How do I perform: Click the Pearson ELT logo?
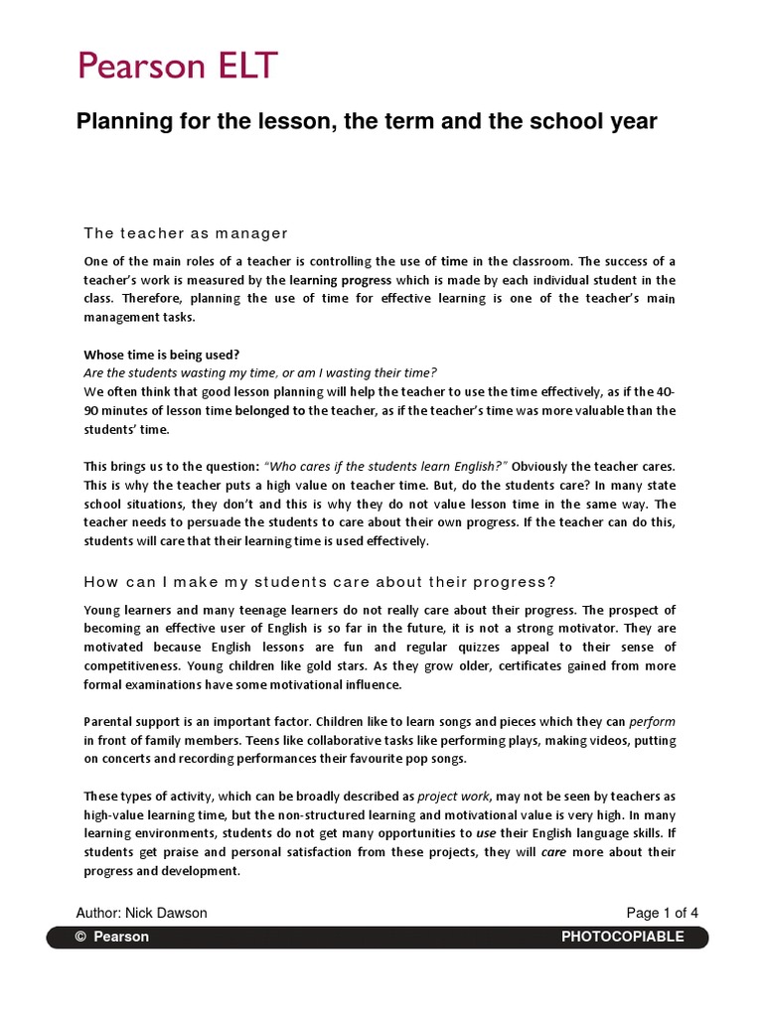pyautogui.click(x=179, y=68)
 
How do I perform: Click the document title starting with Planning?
pyautogui.click(x=367, y=121)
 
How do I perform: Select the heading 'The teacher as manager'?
pyautogui.click(x=186, y=233)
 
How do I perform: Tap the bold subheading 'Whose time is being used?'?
pyautogui.click(x=161, y=355)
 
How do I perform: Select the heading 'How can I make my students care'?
pyautogui.click(x=320, y=582)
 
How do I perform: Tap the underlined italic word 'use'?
pyautogui.click(x=487, y=833)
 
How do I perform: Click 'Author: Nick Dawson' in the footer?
pyautogui.click(x=142, y=914)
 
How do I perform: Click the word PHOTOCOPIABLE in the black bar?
pyautogui.click(x=623, y=937)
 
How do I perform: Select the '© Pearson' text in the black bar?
pyautogui.click(x=112, y=937)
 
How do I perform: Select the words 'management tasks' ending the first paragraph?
pyautogui.click(x=140, y=318)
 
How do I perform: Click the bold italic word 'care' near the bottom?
pyautogui.click(x=553, y=852)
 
